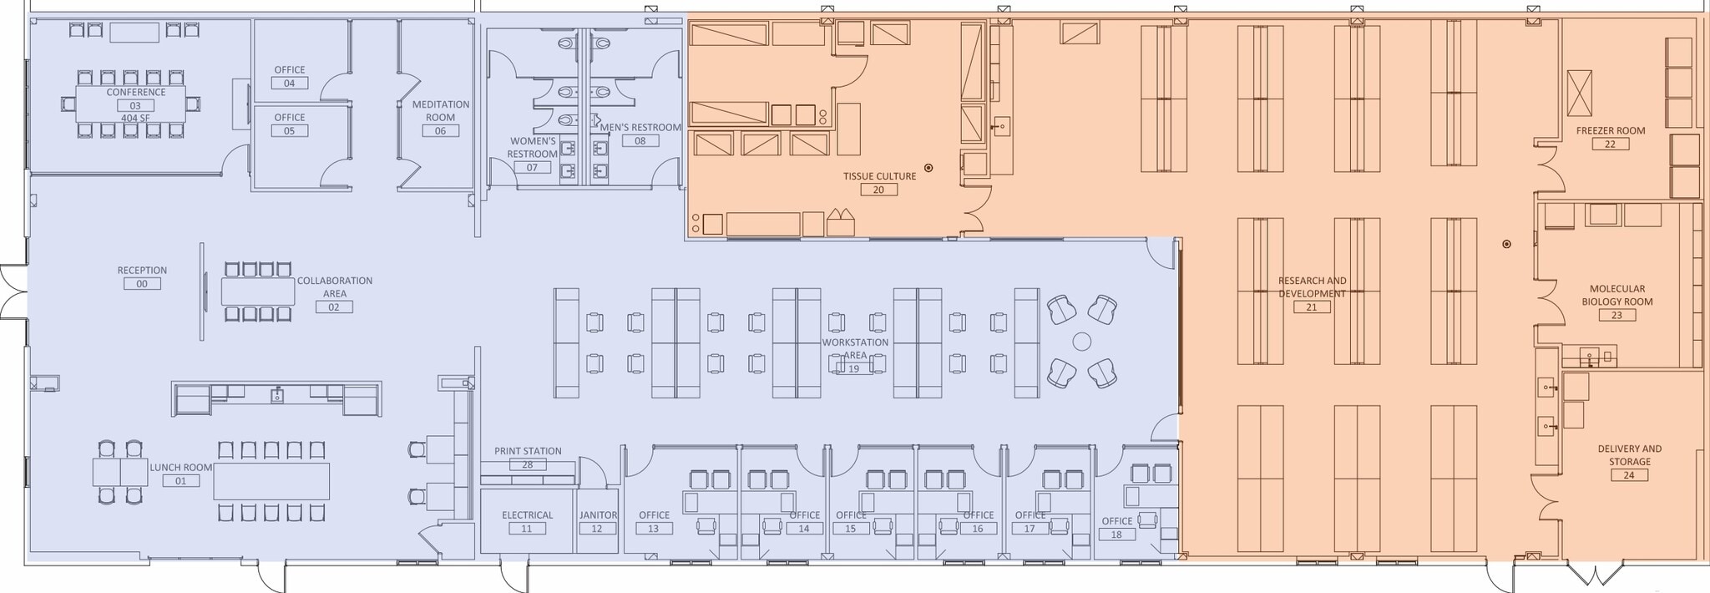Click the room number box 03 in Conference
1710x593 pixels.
coord(135,105)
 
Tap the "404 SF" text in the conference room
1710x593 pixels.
coord(135,118)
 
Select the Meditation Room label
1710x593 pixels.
coord(440,110)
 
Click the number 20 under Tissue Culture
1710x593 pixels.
coord(878,190)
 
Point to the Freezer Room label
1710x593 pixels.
coord(1610,130)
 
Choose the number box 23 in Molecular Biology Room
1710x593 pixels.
coord(1616,315)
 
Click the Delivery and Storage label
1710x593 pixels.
coord(1629,454)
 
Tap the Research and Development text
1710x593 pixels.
coord(1312,286)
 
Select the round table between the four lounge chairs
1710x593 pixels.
coord(1081,341)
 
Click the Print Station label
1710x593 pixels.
coord(528,451)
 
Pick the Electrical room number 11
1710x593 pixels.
coord(526,529)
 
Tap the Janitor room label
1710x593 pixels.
coord(598,515)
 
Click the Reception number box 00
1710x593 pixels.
coord(142,284)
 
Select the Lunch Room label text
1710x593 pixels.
coord(180,468)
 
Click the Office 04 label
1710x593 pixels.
coord(290,70)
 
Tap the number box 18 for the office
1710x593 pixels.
coord(1116,535)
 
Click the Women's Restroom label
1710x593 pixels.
coord(532,148)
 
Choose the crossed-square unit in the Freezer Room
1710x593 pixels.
coord(1580,93)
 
